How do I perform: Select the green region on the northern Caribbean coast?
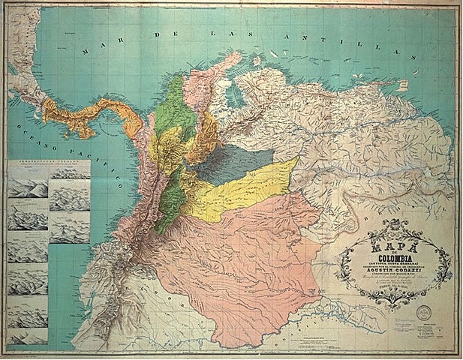click(x=176, y=97)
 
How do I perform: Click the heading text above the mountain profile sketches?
click(x=49, y=164)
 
